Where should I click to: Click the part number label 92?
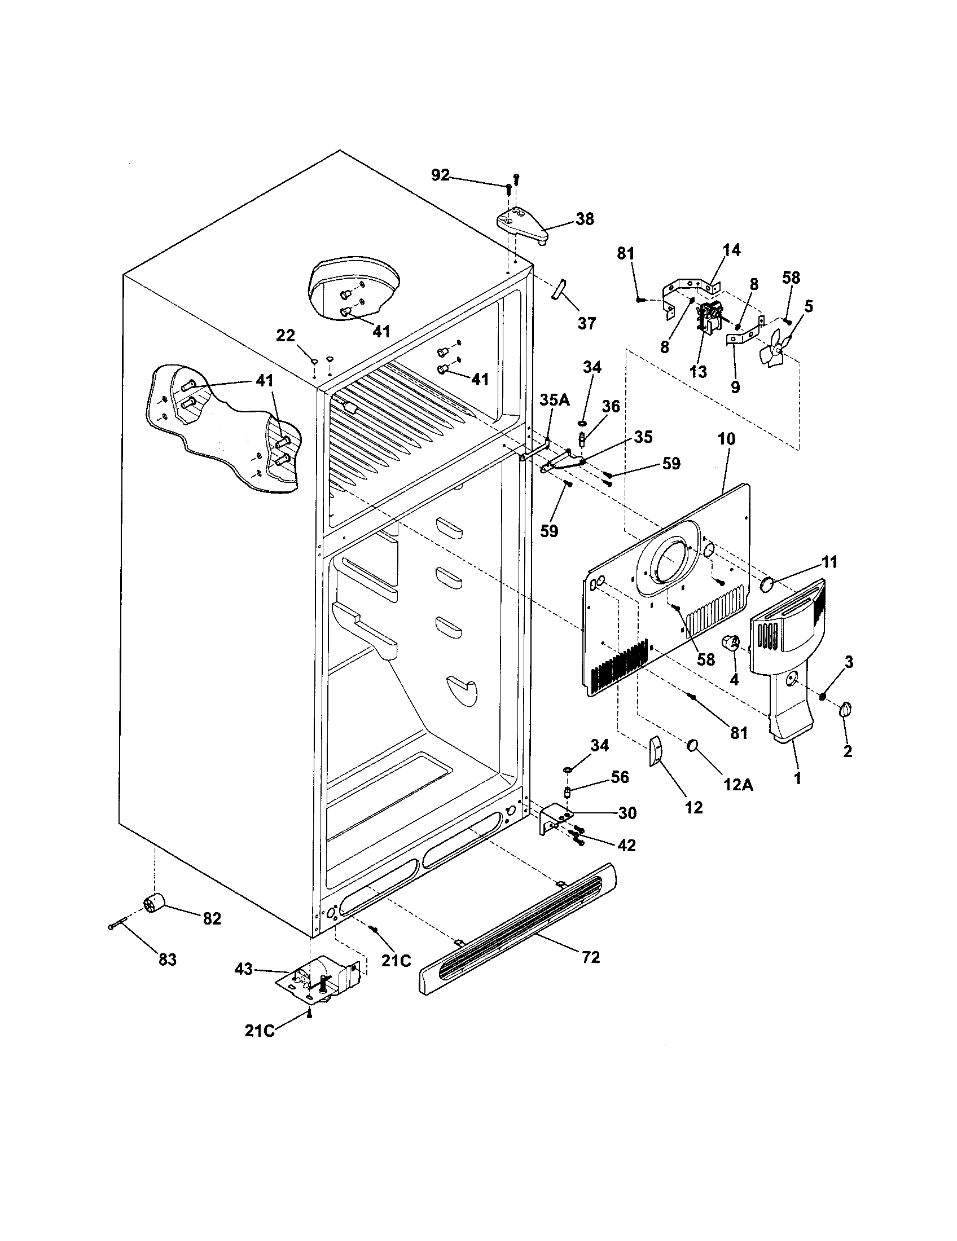(x=441, y=175)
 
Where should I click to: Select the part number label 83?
(x=168, y=960)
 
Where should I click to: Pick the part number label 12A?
(x=738, y=785)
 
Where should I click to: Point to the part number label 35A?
(x=554, y=400)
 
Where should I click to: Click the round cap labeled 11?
(x=769, y=584)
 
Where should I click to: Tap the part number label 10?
(x=726, y=439)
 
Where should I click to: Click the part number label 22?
(x=286, y=336)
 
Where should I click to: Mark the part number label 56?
(x=620, y=777)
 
